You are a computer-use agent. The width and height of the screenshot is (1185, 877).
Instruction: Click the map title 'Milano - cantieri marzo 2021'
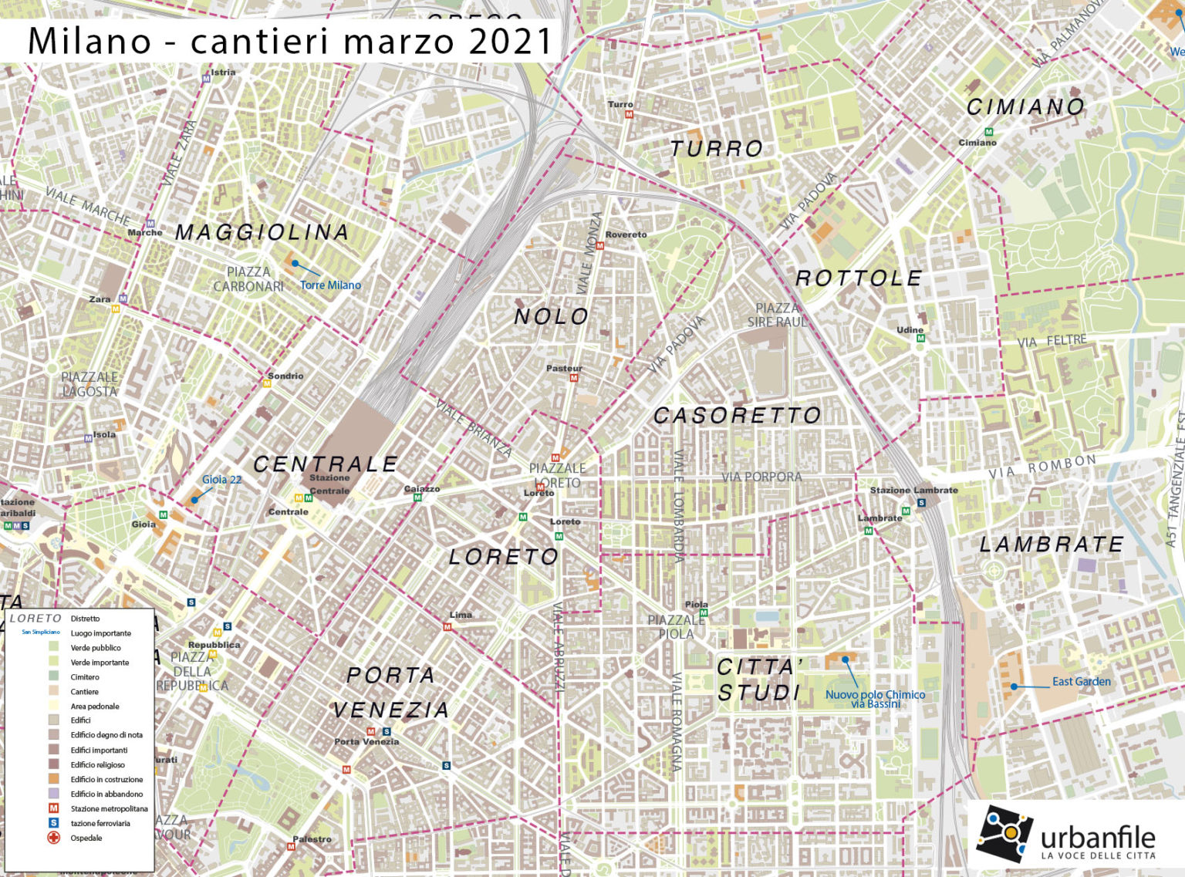pyautogui.click(x=291, y=40)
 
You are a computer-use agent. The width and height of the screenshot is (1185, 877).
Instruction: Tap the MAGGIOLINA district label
pyautogui.click(x=262, y=232)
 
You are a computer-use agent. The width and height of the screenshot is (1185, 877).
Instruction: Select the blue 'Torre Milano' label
pyautogui.click(x=330, y=285)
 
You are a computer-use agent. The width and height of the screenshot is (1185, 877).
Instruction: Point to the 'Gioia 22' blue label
pyautogui.click(x=221, y=480)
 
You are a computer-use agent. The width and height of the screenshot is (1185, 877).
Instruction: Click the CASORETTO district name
pyautogui.click(x=738, y=416)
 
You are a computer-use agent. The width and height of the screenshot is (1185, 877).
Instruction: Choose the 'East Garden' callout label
pyautogui.click(x=1082, y=682)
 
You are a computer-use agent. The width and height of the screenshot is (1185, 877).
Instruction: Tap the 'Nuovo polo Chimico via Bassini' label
pyautogui.click(x=876, y=699)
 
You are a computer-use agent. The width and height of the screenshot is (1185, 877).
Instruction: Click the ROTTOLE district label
pyautogui.click(x=859, y=278)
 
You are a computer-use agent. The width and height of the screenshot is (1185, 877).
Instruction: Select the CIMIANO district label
pyautogui.click(x=1026, y=107)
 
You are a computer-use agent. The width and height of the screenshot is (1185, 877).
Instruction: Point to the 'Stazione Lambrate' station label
pyautogui.click(x=913, y=490)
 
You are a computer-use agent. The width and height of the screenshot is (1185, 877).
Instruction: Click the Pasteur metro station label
pyautogui.click(x=564, y=369)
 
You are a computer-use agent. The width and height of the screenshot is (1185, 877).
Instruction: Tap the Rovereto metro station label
pyautogui.click(x=626, y=234)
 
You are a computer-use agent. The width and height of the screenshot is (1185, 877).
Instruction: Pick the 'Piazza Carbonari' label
pyautogui.click(x=248, y=279)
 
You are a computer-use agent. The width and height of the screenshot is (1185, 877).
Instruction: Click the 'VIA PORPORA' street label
pyautogui.click(x=761, y=477)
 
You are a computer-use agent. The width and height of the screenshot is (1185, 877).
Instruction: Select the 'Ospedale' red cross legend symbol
pyautogui.click(x=54, y=838)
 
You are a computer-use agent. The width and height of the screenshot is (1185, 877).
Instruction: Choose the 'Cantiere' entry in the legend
pyautogui.click(x=84, y=692)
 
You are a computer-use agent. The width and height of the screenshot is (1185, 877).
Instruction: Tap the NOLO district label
pyautogui.click(x=552, y=316)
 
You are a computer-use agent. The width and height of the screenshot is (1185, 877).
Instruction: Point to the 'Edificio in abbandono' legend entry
pyautogui.click(x=106, y=794)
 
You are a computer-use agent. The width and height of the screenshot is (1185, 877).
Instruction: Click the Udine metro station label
pyautogui.click(x=910, y=330)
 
